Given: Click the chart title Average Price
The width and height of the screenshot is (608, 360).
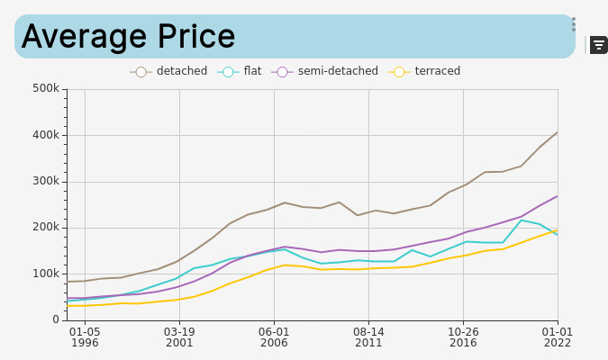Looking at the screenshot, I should point(128,37).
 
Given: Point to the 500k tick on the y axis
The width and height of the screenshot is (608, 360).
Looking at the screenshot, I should point(45,88).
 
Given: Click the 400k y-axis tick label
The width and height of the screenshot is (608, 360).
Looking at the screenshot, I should point(45,135).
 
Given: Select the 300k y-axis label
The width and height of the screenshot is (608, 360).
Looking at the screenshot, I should point(45,181).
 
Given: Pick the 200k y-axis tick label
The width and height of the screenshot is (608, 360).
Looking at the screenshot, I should point(45,227).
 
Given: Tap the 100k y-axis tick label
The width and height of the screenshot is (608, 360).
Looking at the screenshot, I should point(45,274).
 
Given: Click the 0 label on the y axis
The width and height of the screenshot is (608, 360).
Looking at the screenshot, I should point(55,319).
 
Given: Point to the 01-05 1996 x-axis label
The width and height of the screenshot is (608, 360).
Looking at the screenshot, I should point(85,337).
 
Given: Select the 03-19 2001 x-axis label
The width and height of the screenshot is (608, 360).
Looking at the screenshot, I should point(179,337).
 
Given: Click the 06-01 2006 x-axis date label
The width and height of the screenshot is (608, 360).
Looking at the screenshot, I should point(274,337).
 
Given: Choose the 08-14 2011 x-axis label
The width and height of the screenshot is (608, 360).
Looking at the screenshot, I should point(368,337).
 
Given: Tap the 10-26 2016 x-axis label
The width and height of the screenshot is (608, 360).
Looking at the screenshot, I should point(463,337).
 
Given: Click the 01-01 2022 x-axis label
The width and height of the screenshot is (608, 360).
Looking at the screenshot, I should point(558,337).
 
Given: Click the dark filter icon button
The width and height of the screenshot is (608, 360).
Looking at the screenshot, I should point(599,45).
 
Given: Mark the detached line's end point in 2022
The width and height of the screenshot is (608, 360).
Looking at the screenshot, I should point(558,132).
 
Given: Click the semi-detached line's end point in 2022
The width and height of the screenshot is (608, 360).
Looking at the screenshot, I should point(558,196).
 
